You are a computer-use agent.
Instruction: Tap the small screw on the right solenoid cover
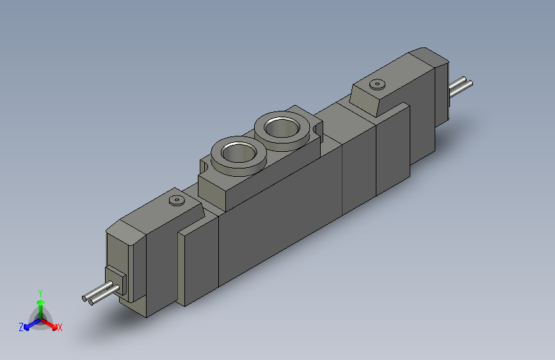coord(376,85)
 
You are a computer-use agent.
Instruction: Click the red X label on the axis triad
coord(60,328)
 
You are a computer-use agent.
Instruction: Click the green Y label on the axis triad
coord(40,291)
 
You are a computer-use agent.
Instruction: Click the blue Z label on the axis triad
coord(21,327)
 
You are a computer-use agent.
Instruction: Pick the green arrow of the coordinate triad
coord(40,304)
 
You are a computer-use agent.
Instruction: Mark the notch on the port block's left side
coord(204,168)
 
